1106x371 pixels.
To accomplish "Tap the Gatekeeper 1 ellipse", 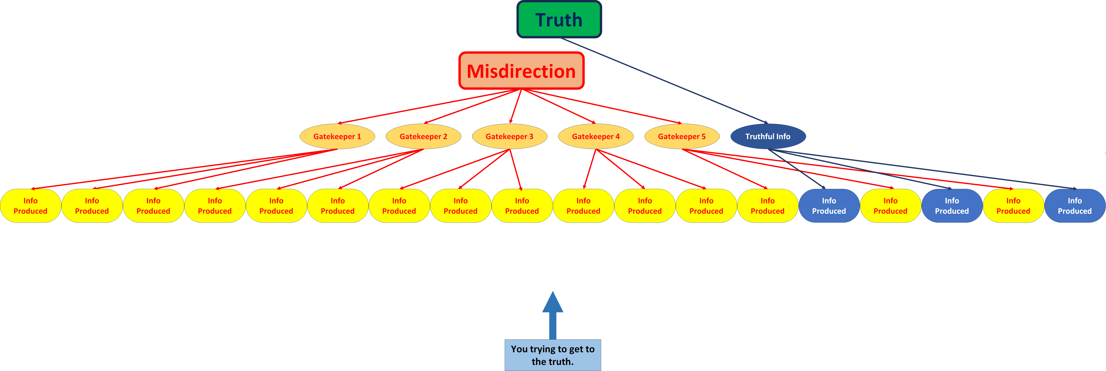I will [337, 136].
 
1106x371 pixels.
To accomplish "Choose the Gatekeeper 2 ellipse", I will [423, 136].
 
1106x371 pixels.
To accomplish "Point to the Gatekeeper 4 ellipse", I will [596, 136].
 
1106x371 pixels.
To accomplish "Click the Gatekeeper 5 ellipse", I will [682, 136].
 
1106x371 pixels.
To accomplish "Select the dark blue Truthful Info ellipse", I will [768, 136].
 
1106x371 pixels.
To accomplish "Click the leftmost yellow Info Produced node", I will [30, 205].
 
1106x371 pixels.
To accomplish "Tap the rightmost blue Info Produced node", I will [1075, 205].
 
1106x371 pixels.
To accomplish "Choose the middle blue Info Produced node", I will [952, 205].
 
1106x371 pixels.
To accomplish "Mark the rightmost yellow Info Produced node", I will [1013, 205].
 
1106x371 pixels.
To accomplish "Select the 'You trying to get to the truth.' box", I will [553, 355].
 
